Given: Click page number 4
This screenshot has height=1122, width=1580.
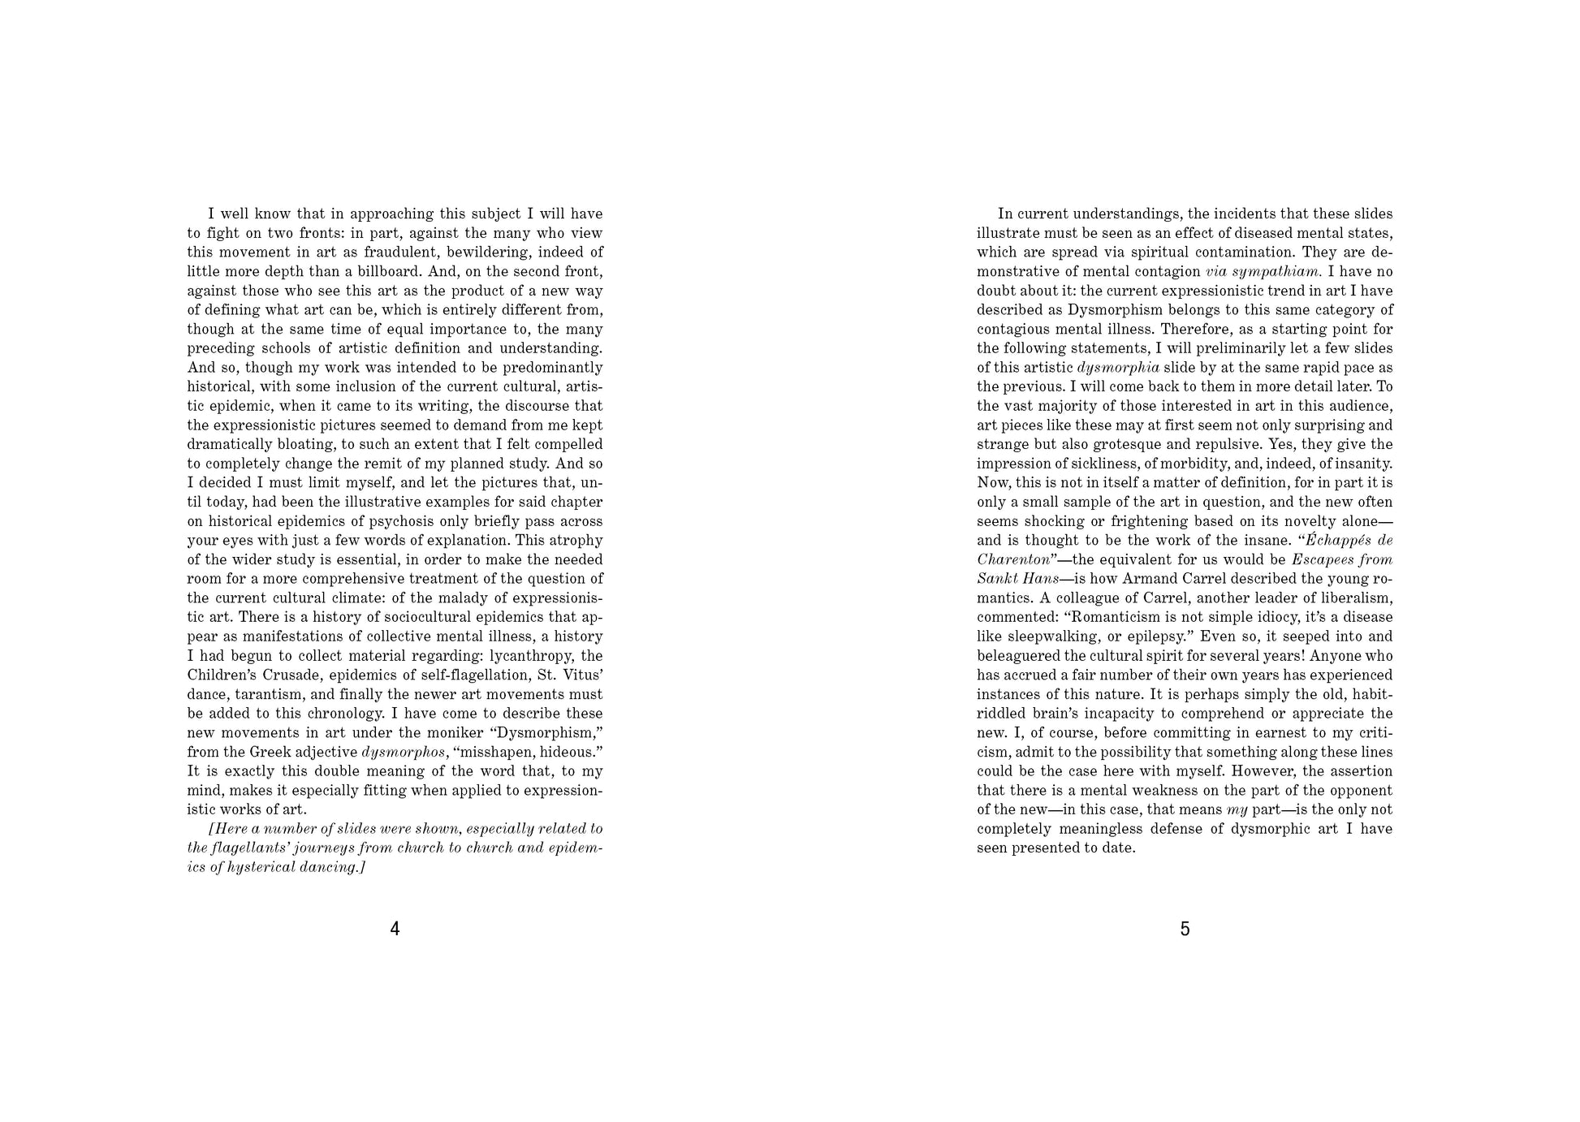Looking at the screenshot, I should pos(395,929).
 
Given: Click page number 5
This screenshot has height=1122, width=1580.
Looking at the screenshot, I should pos(1185,929).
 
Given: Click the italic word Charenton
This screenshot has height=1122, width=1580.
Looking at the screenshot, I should pos(1012,559).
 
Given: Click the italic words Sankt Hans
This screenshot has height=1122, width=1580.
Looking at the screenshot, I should pos(1017,579).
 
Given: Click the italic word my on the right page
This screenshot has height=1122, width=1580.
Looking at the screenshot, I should pos(1237,809).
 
